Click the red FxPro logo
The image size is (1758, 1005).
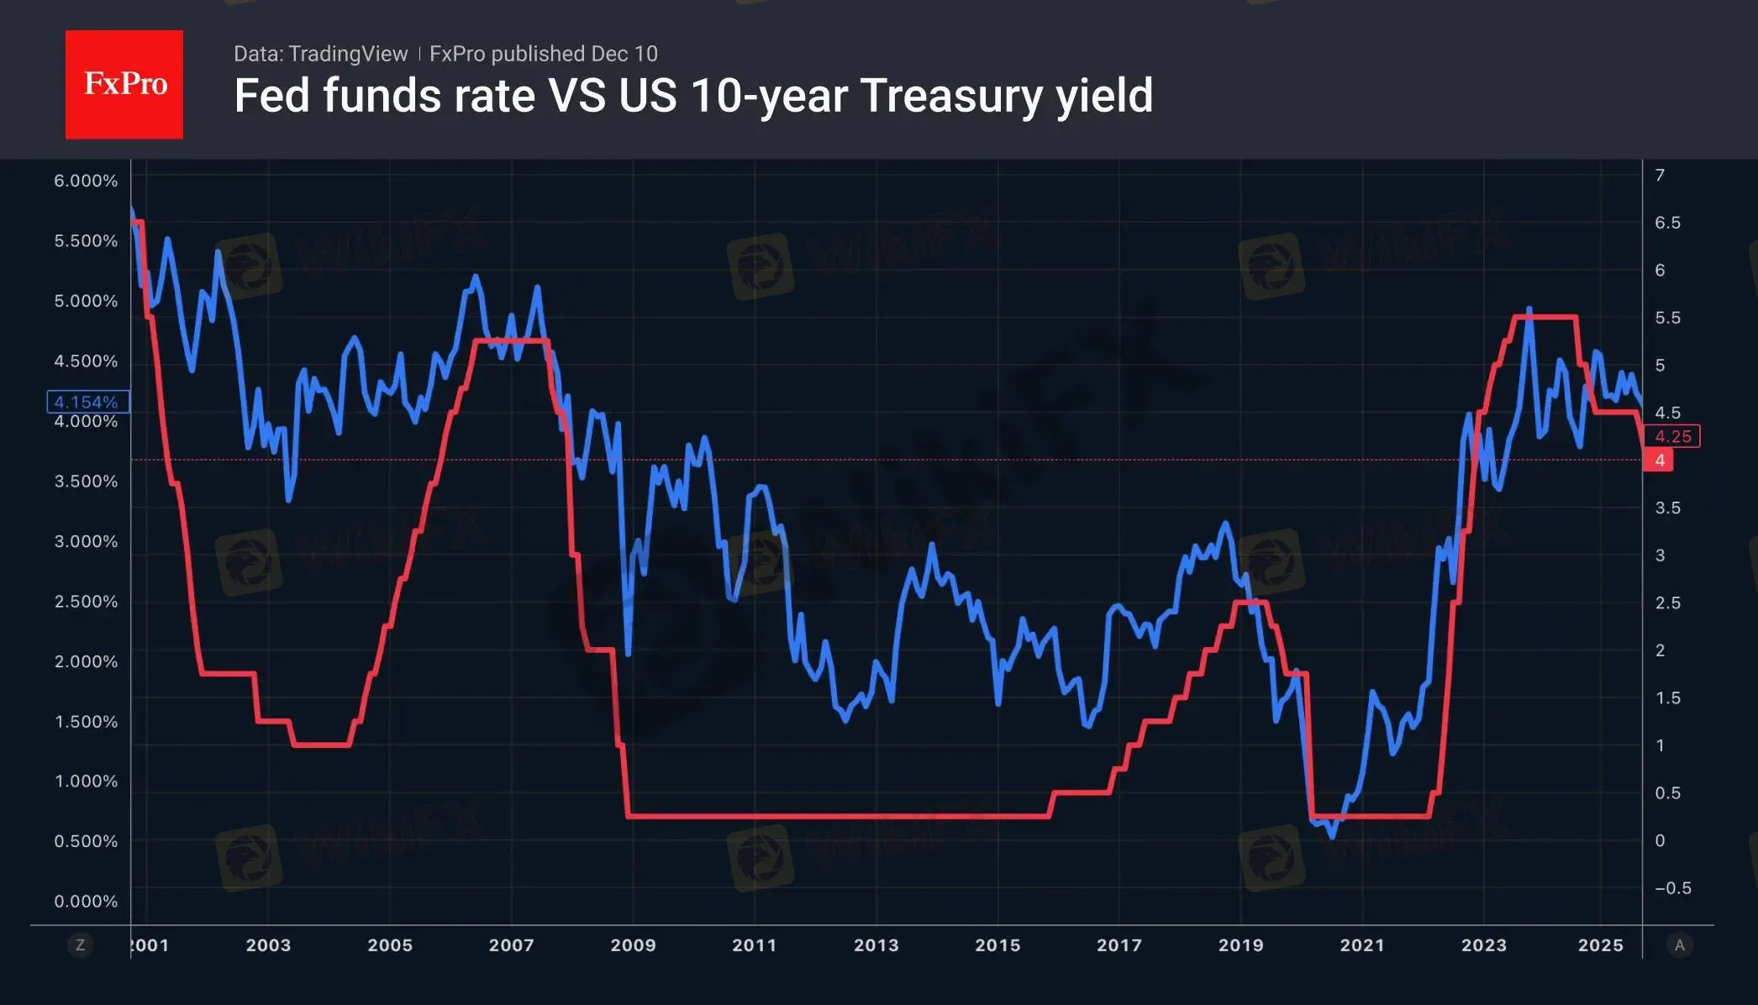coord(124,84)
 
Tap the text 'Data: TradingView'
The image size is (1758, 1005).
coord(320,54)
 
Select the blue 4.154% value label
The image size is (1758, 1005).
coord(87,402)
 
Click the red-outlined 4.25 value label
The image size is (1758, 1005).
coord(1672,436)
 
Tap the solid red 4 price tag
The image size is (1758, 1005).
coord(1659,460)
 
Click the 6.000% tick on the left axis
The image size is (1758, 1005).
coord(86,181)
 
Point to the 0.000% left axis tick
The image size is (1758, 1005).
coord(86,901)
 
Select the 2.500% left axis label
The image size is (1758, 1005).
coord(86,601)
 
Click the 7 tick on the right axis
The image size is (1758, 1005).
coord(1660,175)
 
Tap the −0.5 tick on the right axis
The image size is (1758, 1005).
coord(1672,887)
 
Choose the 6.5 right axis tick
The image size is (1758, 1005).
coord(1667,223)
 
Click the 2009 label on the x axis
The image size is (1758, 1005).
coord(633,944)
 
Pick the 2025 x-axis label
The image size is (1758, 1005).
coord(1600,944)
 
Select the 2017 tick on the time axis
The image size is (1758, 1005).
coord(1118,944)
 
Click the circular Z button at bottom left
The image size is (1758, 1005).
coord(81,944)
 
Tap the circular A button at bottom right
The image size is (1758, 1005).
coord(1679,944)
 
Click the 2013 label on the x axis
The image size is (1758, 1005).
coord(876,944)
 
